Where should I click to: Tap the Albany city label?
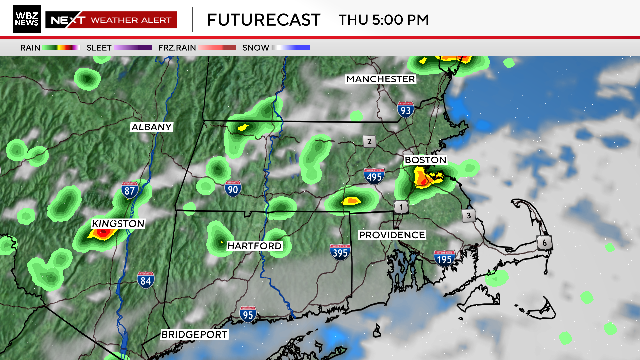(152, 127)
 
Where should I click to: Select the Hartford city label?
(254, 245)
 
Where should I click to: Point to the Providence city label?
(393, 235)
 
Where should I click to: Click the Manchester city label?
(380, 78)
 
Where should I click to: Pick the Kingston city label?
(118, 223)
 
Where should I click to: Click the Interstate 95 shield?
(248, 314)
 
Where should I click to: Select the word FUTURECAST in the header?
(264, 19)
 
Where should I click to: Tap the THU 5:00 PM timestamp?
(384, 19)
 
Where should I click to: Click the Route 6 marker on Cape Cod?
(546, 243)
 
